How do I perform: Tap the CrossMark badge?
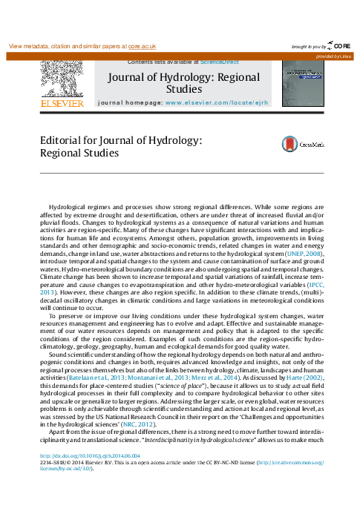pyautogui.click(x=294, y=145)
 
